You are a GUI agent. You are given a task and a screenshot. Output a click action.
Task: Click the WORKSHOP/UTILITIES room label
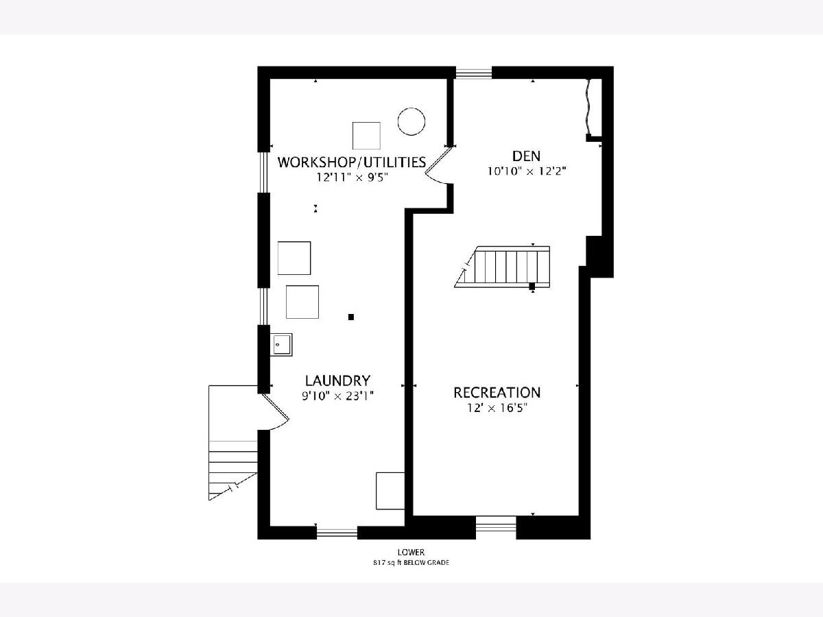352,162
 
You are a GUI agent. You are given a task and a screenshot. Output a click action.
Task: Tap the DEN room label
527,156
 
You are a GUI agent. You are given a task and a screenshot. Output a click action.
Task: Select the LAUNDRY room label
337,380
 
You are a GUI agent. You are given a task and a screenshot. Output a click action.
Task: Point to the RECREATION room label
497,393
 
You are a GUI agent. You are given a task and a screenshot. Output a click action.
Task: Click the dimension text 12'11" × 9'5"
352,177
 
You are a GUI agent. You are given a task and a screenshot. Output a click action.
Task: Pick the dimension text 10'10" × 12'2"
527,171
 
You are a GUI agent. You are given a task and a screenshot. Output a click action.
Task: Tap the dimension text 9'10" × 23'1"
338,396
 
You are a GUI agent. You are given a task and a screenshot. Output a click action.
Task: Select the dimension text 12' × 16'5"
497,408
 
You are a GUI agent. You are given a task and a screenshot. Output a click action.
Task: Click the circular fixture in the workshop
411,121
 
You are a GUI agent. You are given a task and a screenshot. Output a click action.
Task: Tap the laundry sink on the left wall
281,344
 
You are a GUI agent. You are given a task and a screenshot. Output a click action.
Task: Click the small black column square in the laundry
351,317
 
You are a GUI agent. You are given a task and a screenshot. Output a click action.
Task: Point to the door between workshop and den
440,167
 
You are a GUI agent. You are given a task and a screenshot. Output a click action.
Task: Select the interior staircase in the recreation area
502,267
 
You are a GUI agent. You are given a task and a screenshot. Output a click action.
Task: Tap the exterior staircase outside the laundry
232,442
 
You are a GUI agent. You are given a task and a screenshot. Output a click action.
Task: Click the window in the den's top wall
473,73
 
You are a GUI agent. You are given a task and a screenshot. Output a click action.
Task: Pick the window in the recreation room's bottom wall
496,527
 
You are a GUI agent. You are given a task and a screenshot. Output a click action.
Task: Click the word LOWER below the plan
411,552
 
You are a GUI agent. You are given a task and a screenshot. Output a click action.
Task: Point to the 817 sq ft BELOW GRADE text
411,563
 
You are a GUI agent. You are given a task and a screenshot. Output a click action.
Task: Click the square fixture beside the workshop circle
366,135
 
